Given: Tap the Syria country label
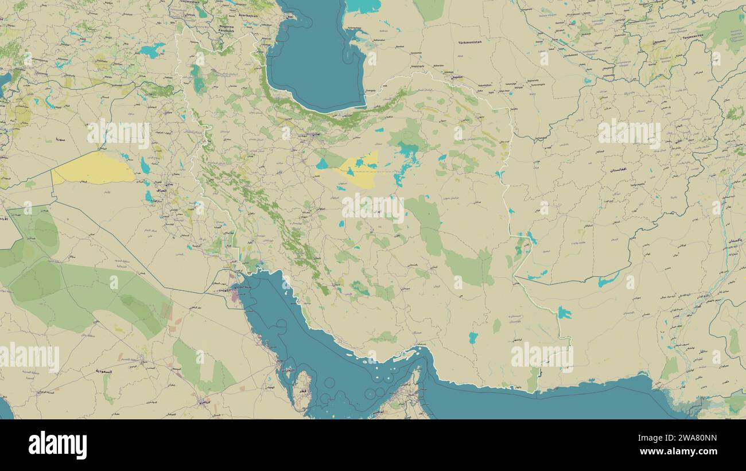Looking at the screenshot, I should coord(60,139).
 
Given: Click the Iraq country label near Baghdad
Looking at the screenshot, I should coord(161,189).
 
